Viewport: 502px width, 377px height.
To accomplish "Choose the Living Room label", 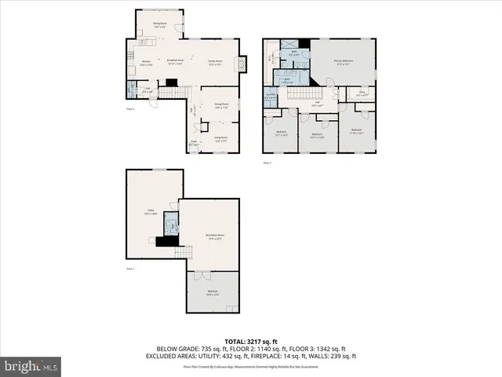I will coord(221,138).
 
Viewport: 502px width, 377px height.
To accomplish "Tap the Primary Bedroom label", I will coord(342,61).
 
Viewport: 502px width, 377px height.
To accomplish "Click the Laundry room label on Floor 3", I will coord(270,97).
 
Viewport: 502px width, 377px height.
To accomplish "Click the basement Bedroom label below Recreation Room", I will coord(213,292).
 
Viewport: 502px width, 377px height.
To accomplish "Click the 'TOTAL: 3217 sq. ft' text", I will coord(251,342).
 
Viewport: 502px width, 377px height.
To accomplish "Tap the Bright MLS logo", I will coord(31,366).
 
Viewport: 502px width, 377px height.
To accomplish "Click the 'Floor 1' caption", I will coord(131,269).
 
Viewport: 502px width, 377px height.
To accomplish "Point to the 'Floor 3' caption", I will coord(267,163).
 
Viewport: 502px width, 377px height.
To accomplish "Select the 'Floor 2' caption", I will coord(131,109).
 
